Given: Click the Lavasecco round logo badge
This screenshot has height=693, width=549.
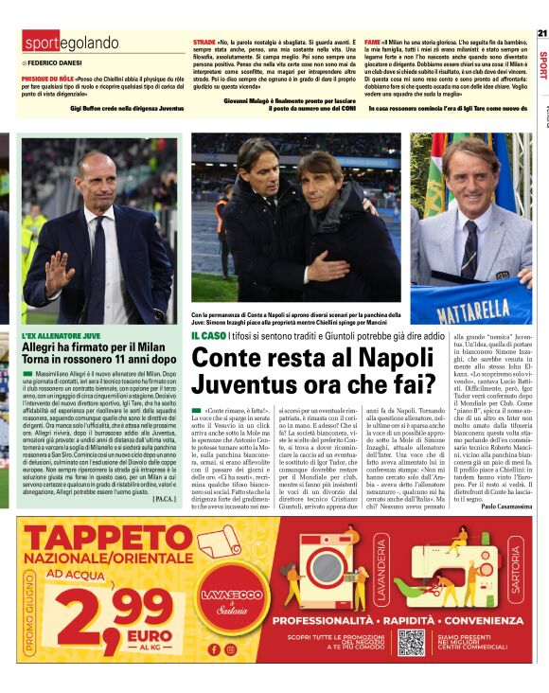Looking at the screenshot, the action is pyautogui.click(x=223, y=602).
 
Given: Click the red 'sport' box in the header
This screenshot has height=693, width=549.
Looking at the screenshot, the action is pyautogui.click(x=41, y=43).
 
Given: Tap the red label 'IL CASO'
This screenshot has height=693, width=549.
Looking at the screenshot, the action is pyautogui.click(x=207, y=336).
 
